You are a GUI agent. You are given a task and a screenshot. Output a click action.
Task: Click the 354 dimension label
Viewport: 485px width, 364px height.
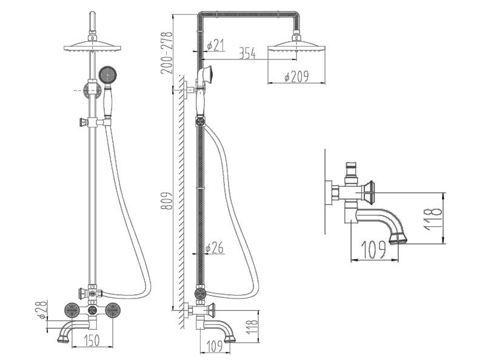pyautogui.click(x=247, y=54)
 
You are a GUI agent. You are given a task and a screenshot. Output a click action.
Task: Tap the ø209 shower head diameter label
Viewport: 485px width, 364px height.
pyautogui.click(x=297, y=78)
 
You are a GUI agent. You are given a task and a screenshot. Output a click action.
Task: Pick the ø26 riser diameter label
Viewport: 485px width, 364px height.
pyautogui.click(x=215, y=248)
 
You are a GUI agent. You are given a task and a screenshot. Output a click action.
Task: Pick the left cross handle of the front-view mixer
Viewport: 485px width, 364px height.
pyautogui.click(x=72, y=311)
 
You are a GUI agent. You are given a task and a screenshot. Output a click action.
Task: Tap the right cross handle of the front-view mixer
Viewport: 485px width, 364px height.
pyautogui.click(x=112, y=311)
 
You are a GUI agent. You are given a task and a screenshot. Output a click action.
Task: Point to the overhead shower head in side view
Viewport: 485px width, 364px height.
pyautogui.click(x=296, y=47)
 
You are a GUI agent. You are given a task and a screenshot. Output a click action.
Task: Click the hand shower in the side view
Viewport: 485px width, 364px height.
pyautogui.click(x=205, y=76)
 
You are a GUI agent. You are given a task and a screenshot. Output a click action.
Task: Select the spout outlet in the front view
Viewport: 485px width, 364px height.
pyautogui.click(x=62, y=339)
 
